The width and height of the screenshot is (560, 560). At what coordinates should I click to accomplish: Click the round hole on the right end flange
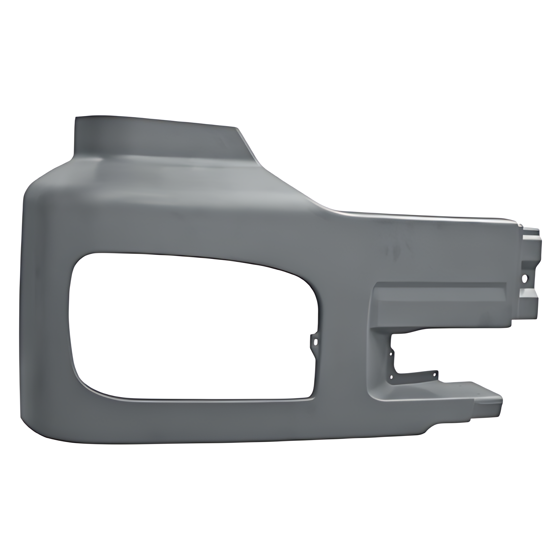526,277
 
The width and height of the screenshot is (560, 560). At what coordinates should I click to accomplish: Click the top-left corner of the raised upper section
77,118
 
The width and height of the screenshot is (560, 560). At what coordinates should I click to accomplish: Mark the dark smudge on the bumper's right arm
397,248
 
